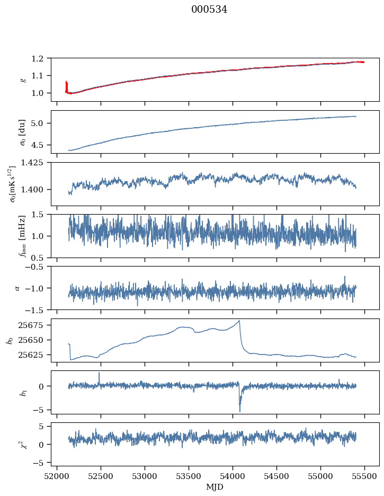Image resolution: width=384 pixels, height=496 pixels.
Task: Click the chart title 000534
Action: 209,10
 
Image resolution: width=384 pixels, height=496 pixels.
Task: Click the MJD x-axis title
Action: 215,487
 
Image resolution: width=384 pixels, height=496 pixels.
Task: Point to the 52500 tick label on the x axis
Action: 101,476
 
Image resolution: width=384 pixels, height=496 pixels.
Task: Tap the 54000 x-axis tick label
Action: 233,476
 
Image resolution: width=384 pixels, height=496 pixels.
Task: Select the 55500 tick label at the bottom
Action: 364,476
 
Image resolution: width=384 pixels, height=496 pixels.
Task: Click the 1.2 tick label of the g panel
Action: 37,58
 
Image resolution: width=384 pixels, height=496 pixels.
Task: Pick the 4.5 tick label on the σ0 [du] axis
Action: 37,145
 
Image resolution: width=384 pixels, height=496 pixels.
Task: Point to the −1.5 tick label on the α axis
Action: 35,310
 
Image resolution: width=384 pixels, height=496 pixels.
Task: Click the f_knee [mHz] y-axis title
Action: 23,236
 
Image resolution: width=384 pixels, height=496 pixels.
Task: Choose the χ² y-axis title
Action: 23,444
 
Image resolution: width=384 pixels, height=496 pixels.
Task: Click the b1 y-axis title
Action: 23,392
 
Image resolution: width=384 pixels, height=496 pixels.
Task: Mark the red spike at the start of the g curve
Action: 66,86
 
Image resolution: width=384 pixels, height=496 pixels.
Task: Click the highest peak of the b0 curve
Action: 239,321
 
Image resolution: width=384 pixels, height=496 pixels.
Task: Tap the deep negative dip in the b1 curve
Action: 239,411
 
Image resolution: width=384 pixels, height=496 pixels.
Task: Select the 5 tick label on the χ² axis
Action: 41,427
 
